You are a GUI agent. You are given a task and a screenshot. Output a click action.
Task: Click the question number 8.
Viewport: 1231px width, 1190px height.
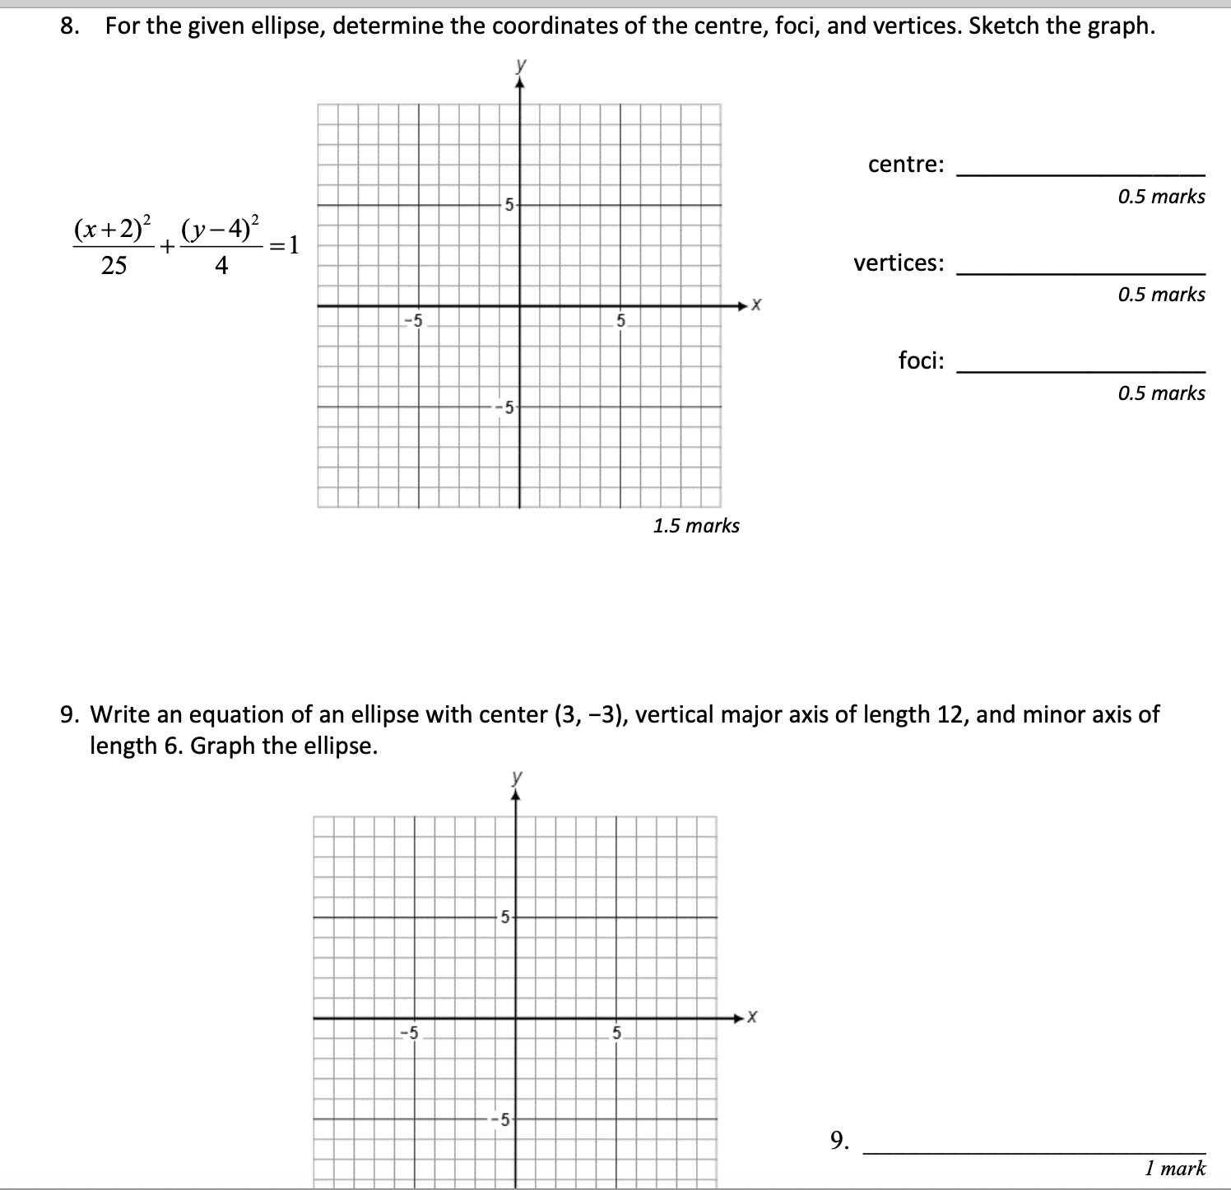click(70, 26)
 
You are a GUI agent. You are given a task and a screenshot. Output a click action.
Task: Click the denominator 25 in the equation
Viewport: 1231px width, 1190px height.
click(114, 266)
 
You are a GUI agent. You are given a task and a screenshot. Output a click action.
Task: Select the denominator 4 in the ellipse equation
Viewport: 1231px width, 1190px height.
click(221, 266)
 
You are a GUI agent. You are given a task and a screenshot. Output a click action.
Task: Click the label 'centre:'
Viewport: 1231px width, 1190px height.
click(906, 165)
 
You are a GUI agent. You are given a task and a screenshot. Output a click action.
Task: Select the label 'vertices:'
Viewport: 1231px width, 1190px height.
click(899, 263)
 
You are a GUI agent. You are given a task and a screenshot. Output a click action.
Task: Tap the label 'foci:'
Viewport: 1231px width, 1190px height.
click(921, 360)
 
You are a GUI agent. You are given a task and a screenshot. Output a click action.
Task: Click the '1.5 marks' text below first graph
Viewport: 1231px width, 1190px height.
click(696, 526)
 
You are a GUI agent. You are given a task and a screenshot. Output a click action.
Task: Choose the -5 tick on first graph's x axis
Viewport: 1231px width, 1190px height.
click(416, 320)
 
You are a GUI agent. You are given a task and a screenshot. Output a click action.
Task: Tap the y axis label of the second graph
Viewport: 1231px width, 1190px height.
click(516, 777)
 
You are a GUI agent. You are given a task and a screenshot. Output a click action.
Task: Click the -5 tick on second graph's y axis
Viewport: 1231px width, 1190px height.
click(502, 1119)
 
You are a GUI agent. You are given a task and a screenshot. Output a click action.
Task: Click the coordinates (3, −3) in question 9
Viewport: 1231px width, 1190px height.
click(588, 714)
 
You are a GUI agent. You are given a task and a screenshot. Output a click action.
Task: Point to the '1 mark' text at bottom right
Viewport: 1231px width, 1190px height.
click(1174, 1168)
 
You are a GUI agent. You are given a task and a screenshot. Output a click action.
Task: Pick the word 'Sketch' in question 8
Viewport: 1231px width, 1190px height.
click(1005, 26)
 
